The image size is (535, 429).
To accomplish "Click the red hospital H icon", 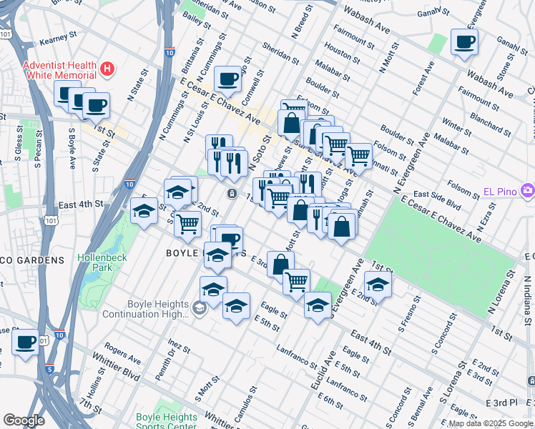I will pyautogui.click(x=107, y=69).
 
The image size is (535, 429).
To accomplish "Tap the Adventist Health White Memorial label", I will pyautogui.click(x=59, y=69).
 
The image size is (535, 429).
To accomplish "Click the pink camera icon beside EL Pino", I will pyautogui.click(x=528, y=190).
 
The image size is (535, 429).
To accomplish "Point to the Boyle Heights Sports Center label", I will pyautogui.click(x=166, y=422).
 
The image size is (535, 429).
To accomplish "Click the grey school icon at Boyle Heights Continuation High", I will pyautogui.click(x=200, y=308).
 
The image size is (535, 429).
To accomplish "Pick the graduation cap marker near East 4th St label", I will pyautogui.click(x=144, y=211).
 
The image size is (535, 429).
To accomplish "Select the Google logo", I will pyautogui.click(x=24, y=420).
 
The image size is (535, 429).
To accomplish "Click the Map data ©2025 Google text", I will pyautogui.click(x=491, y=423).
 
